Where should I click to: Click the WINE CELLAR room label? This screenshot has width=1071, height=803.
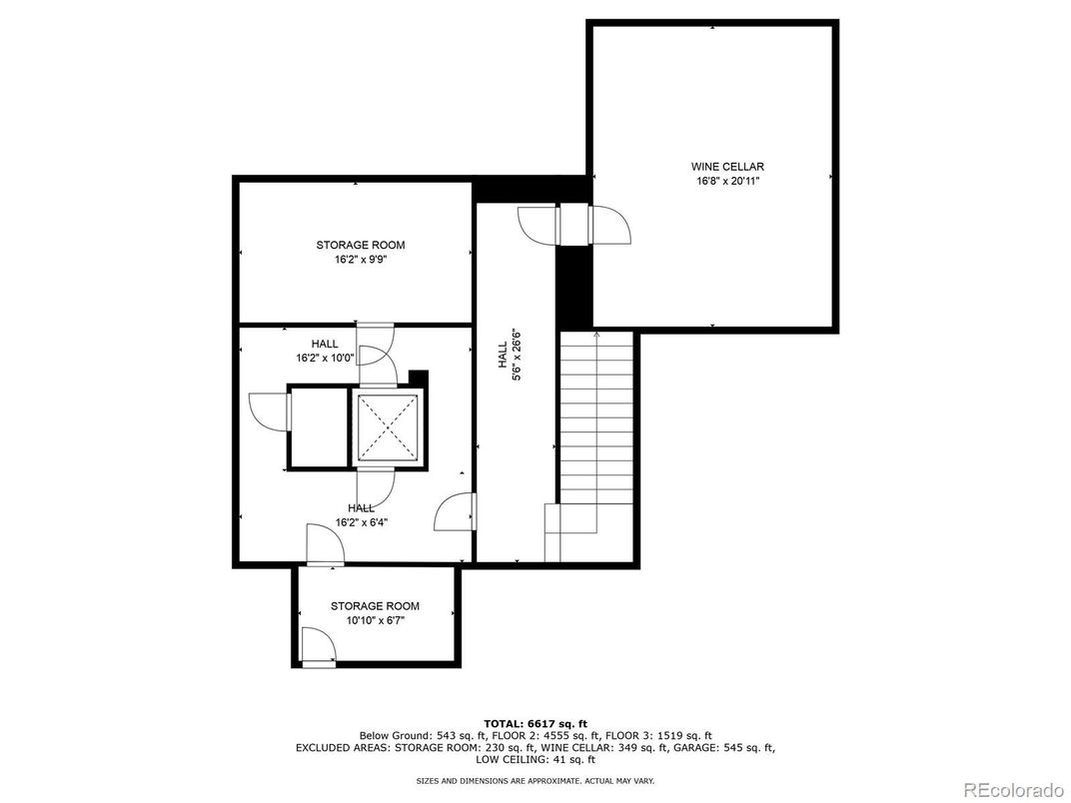tap(713, 167)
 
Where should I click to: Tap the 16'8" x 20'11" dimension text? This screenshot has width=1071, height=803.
tap(713, 182)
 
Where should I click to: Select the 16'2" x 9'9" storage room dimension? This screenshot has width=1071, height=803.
tap(361, 260)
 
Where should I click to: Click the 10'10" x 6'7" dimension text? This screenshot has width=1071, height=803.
tap(375, 620)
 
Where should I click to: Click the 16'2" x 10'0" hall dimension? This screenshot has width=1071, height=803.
tap(317, 358)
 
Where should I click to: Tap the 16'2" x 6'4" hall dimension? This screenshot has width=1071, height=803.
tap(361, 522)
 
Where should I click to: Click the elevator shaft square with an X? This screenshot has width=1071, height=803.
tap(387, 426)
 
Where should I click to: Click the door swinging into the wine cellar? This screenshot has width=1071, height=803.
tap(610, 226)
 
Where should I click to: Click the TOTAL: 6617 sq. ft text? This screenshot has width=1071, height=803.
tap(535, 723)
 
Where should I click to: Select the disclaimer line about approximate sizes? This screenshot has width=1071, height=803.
tap(535, 780)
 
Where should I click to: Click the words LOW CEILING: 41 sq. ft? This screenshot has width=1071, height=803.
tap(535, 759)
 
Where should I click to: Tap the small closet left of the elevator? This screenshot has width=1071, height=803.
tap(317, 426)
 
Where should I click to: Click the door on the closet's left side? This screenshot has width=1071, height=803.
tap(269, 411)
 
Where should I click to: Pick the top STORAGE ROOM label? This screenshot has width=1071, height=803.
tap(361, 245)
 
